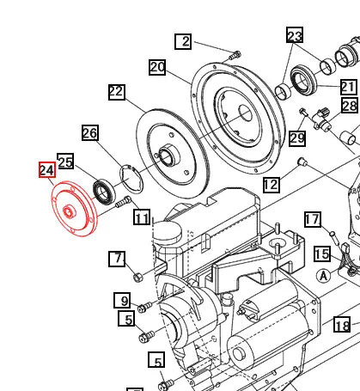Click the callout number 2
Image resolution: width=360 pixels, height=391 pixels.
tap(184, 41)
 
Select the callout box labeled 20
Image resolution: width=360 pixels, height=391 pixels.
tap(156, 67)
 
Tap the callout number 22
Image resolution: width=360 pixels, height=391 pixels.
tap(117, 92)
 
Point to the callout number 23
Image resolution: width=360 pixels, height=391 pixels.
tap(295, 35)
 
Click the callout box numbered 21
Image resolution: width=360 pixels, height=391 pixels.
tap(347, 87)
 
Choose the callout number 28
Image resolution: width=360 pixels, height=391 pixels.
tap(350, 106)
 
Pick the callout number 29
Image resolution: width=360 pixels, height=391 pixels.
tap(296, 138)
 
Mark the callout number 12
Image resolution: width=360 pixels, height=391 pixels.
tap(271, 184)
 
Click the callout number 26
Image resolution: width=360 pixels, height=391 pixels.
tap(90, 132)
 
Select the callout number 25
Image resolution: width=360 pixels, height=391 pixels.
tap(65, 161)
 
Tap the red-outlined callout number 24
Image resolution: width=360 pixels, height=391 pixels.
tap(46, 170)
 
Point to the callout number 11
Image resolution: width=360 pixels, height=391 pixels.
tap(142, 217)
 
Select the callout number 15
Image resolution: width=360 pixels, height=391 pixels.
tap(321, 254)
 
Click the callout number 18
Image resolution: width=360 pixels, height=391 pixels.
tap(342, 326)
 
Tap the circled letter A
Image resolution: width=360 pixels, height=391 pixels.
tap(322, 275)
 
